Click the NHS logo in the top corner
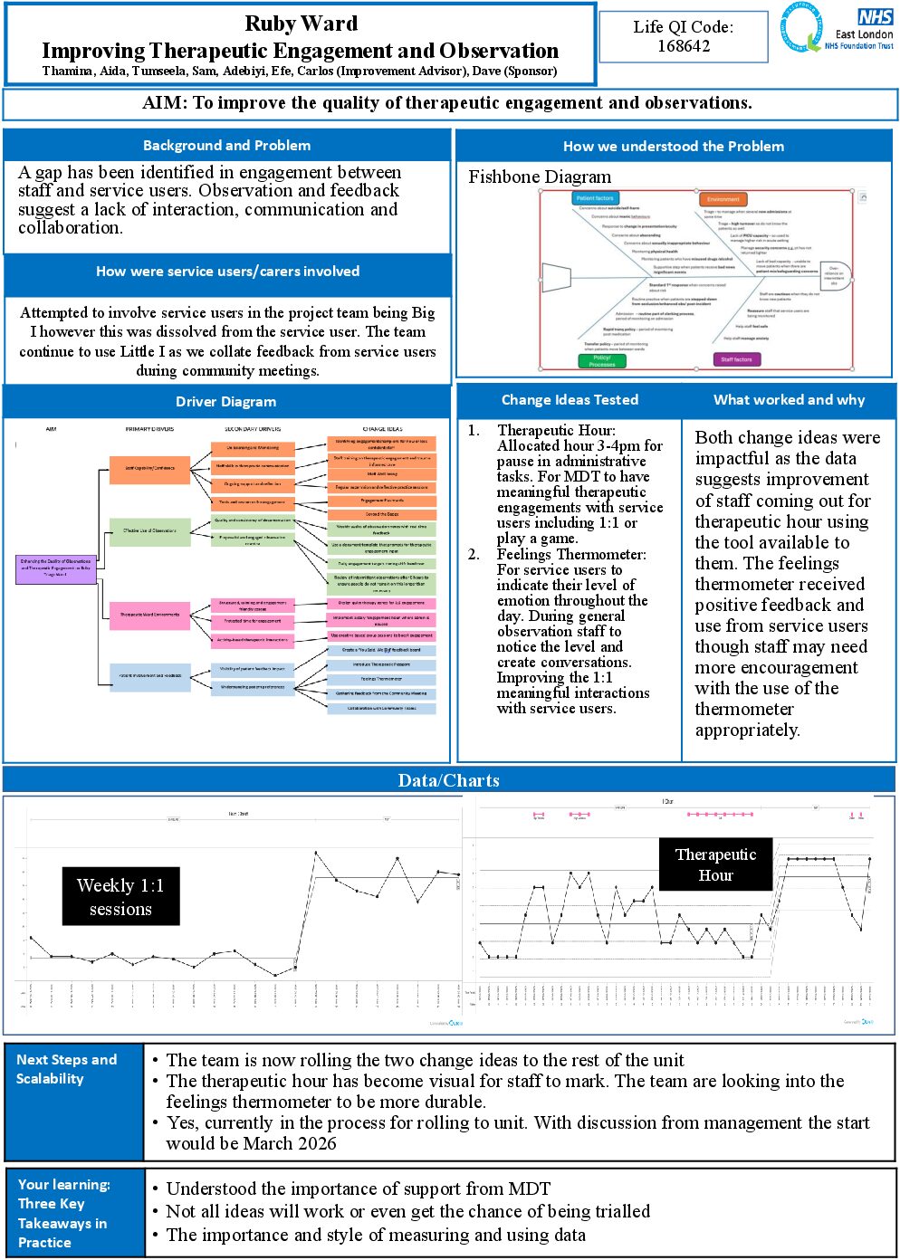[x=875, y=17]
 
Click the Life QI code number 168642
[x=684, y=46]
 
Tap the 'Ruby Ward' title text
[x=301, y=24]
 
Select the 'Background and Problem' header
[x=226, y=146]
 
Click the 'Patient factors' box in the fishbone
[x=595, y=198]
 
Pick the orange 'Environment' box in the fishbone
[x=723, y=199]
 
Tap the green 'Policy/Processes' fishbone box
[x=602, y=360]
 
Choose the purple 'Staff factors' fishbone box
[x=736, y=359]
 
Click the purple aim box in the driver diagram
[x=56, y=568]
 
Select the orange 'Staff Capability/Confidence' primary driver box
[x=150, y=468]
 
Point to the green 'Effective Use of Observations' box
[x=150, y=530]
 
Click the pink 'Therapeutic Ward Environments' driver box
[x=150, y=615]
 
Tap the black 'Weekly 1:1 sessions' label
[x=120, y=897]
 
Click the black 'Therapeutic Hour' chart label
[x=715, y=864]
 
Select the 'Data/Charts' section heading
[x=449, y=780]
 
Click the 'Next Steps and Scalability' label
[x=67, y=1069]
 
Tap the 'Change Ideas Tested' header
[x=570, y=400]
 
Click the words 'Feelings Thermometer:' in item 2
[x=571, y=554]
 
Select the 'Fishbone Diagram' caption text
[x=540, y=177]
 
